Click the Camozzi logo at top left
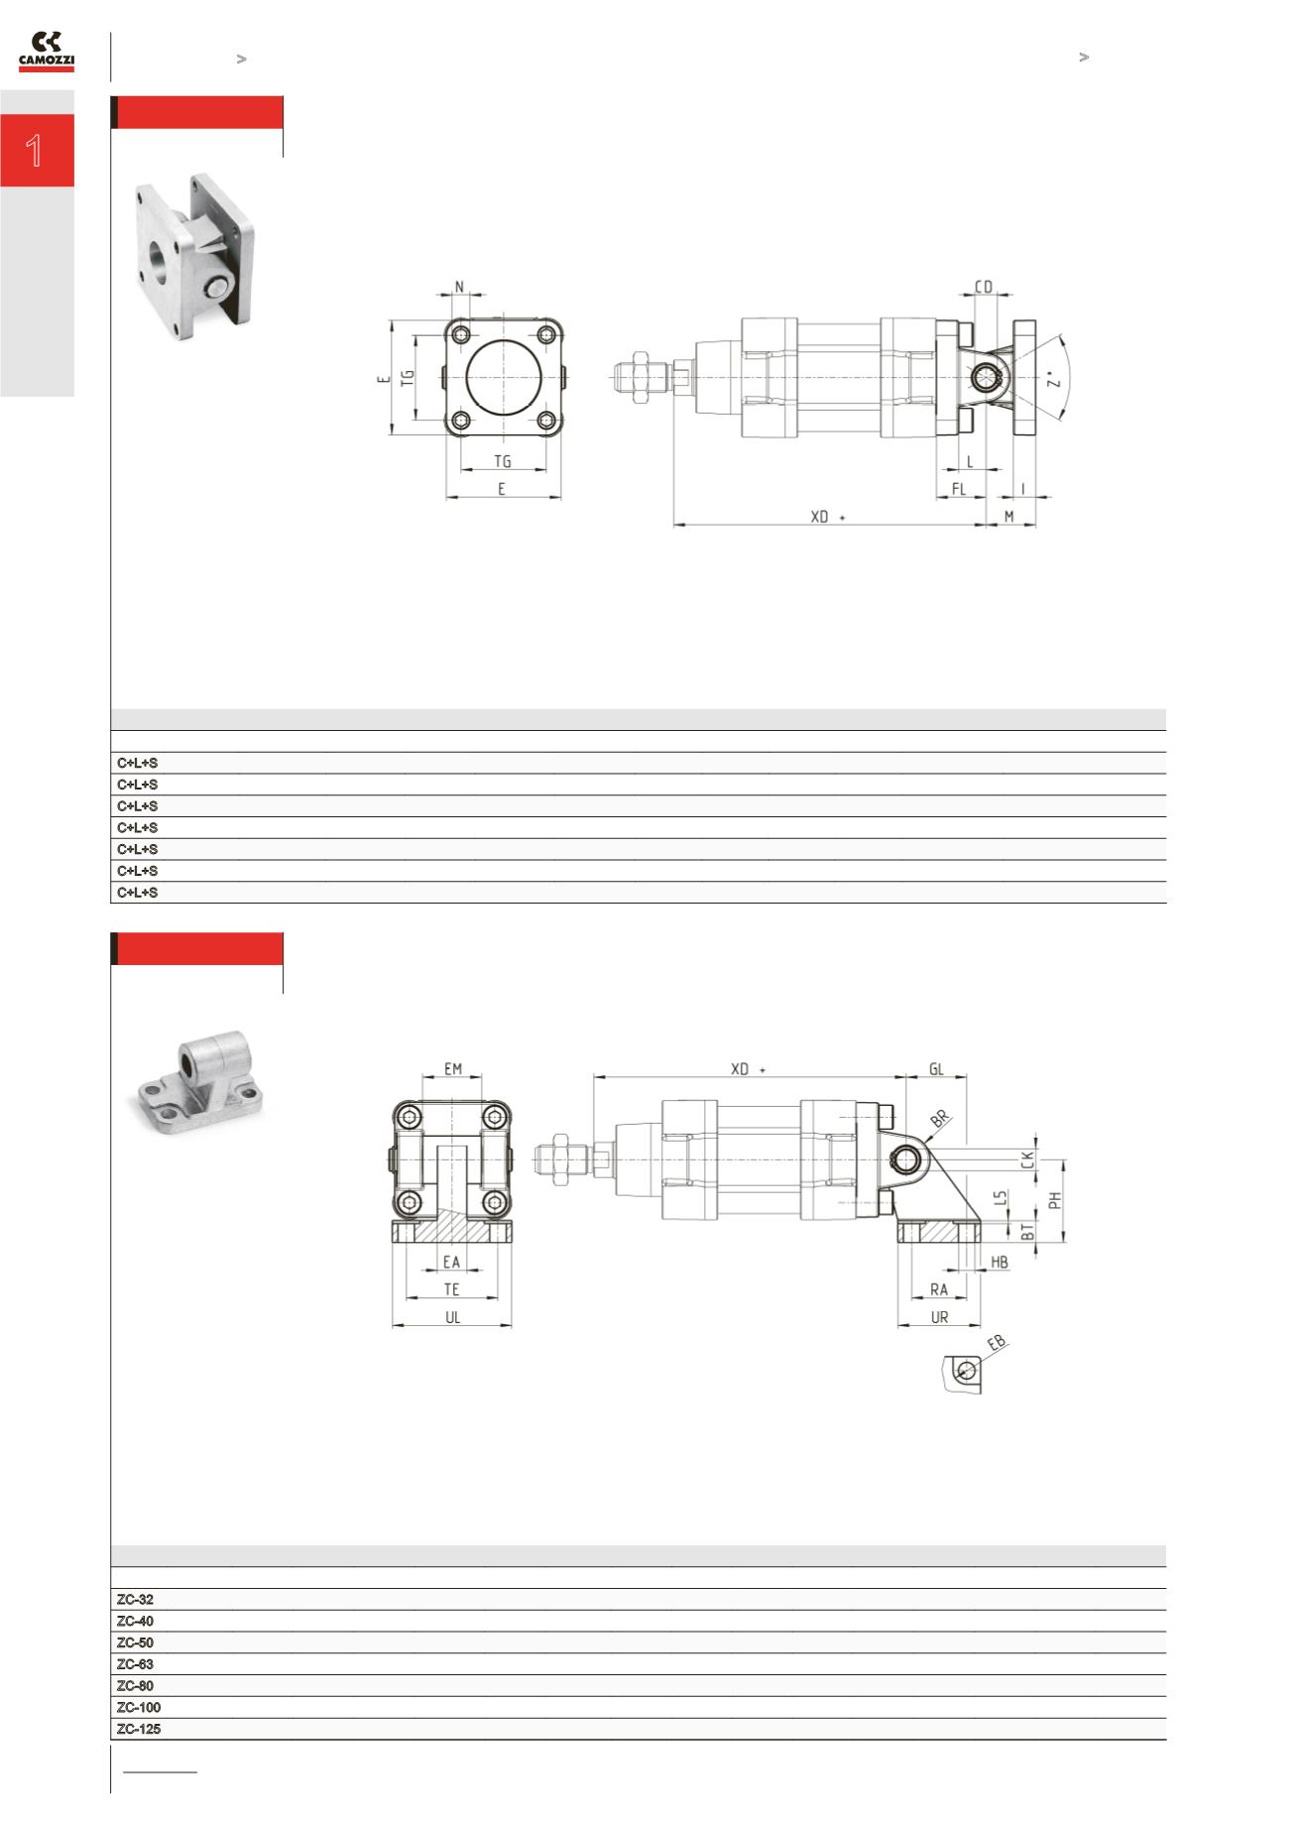click(47, 52)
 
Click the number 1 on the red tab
click(36, 151)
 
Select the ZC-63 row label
click(135, 1664)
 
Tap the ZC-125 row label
click(139, 1729)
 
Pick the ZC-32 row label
click(135, 1600)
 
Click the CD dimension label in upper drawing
click(984, 287)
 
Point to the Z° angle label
click(1054, 379)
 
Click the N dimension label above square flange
click(459, 287)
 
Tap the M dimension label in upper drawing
click(1009, 516)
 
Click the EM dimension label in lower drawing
click(453, 1069)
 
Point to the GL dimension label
click(936, 1069)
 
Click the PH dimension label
click(1056, 1199)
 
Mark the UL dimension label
click(452, 1318)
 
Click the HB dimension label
click(999, 1263)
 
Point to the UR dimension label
click(939, 1318)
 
